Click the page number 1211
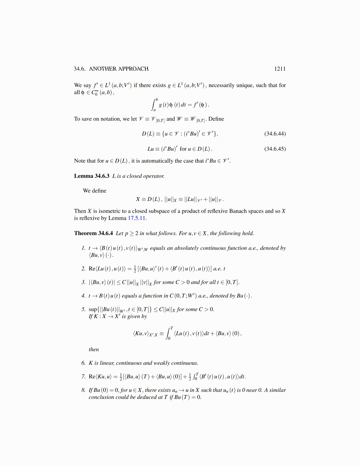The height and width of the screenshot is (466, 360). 280,69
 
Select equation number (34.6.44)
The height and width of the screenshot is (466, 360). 275,134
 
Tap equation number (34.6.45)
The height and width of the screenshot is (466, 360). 275,149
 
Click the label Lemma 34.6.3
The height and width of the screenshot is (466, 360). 91,176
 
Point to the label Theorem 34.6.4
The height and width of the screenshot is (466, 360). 93,233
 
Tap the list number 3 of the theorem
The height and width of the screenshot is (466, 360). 84,282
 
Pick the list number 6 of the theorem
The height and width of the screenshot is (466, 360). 84,363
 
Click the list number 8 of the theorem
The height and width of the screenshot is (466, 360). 84,390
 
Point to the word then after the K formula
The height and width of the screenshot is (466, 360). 94,349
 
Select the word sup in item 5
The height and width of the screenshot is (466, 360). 93,309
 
